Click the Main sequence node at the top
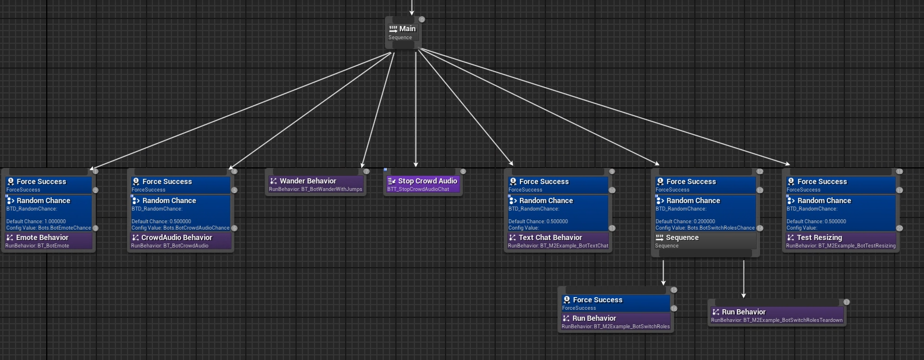403,32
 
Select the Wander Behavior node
316,185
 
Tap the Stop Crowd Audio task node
422,185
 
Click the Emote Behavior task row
48,241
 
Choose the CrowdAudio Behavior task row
181,241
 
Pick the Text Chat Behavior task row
558,241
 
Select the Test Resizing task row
841,241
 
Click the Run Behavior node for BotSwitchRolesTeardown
777,316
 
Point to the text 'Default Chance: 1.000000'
36,222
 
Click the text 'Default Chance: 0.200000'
685,222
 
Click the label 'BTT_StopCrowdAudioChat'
418,189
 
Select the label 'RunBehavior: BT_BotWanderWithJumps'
316,189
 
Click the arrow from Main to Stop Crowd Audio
416,109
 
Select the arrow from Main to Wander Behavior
378,109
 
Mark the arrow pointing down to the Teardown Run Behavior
744,279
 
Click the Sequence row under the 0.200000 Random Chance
705,241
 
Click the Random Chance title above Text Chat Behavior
546,201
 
